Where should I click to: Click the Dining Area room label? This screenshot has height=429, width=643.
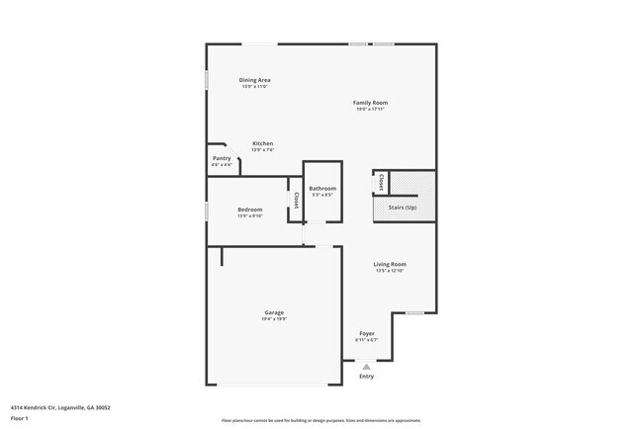click(255, 80)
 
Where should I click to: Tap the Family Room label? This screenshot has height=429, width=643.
click(371, 103)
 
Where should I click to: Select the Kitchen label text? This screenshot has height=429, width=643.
click(262, 143)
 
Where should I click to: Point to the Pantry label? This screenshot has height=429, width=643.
click(222, 158)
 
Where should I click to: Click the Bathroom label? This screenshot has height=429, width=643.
click(322, 188)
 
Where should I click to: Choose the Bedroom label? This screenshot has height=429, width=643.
click(249, 210)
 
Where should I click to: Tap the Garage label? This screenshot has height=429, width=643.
click(274, 312)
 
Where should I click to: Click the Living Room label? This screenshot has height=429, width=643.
click(390, 264)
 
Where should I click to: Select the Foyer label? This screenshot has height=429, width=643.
click(367, 333)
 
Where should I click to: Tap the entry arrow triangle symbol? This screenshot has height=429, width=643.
click(366, 366)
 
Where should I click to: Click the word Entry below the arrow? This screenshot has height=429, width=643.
click(366, 376)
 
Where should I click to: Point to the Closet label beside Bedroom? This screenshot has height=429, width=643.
click(295, 201)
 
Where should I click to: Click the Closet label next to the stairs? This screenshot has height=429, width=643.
click(381, 182)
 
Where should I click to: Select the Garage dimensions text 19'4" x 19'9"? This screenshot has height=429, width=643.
click(274, 319)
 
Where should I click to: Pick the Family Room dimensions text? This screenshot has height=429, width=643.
click(371, 109)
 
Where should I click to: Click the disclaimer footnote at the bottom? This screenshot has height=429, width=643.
click(321, 418)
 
